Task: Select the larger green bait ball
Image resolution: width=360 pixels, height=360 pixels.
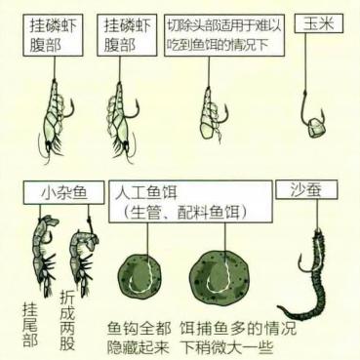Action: (x=225, y=273)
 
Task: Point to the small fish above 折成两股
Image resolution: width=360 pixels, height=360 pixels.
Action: (x=78, y=256)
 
